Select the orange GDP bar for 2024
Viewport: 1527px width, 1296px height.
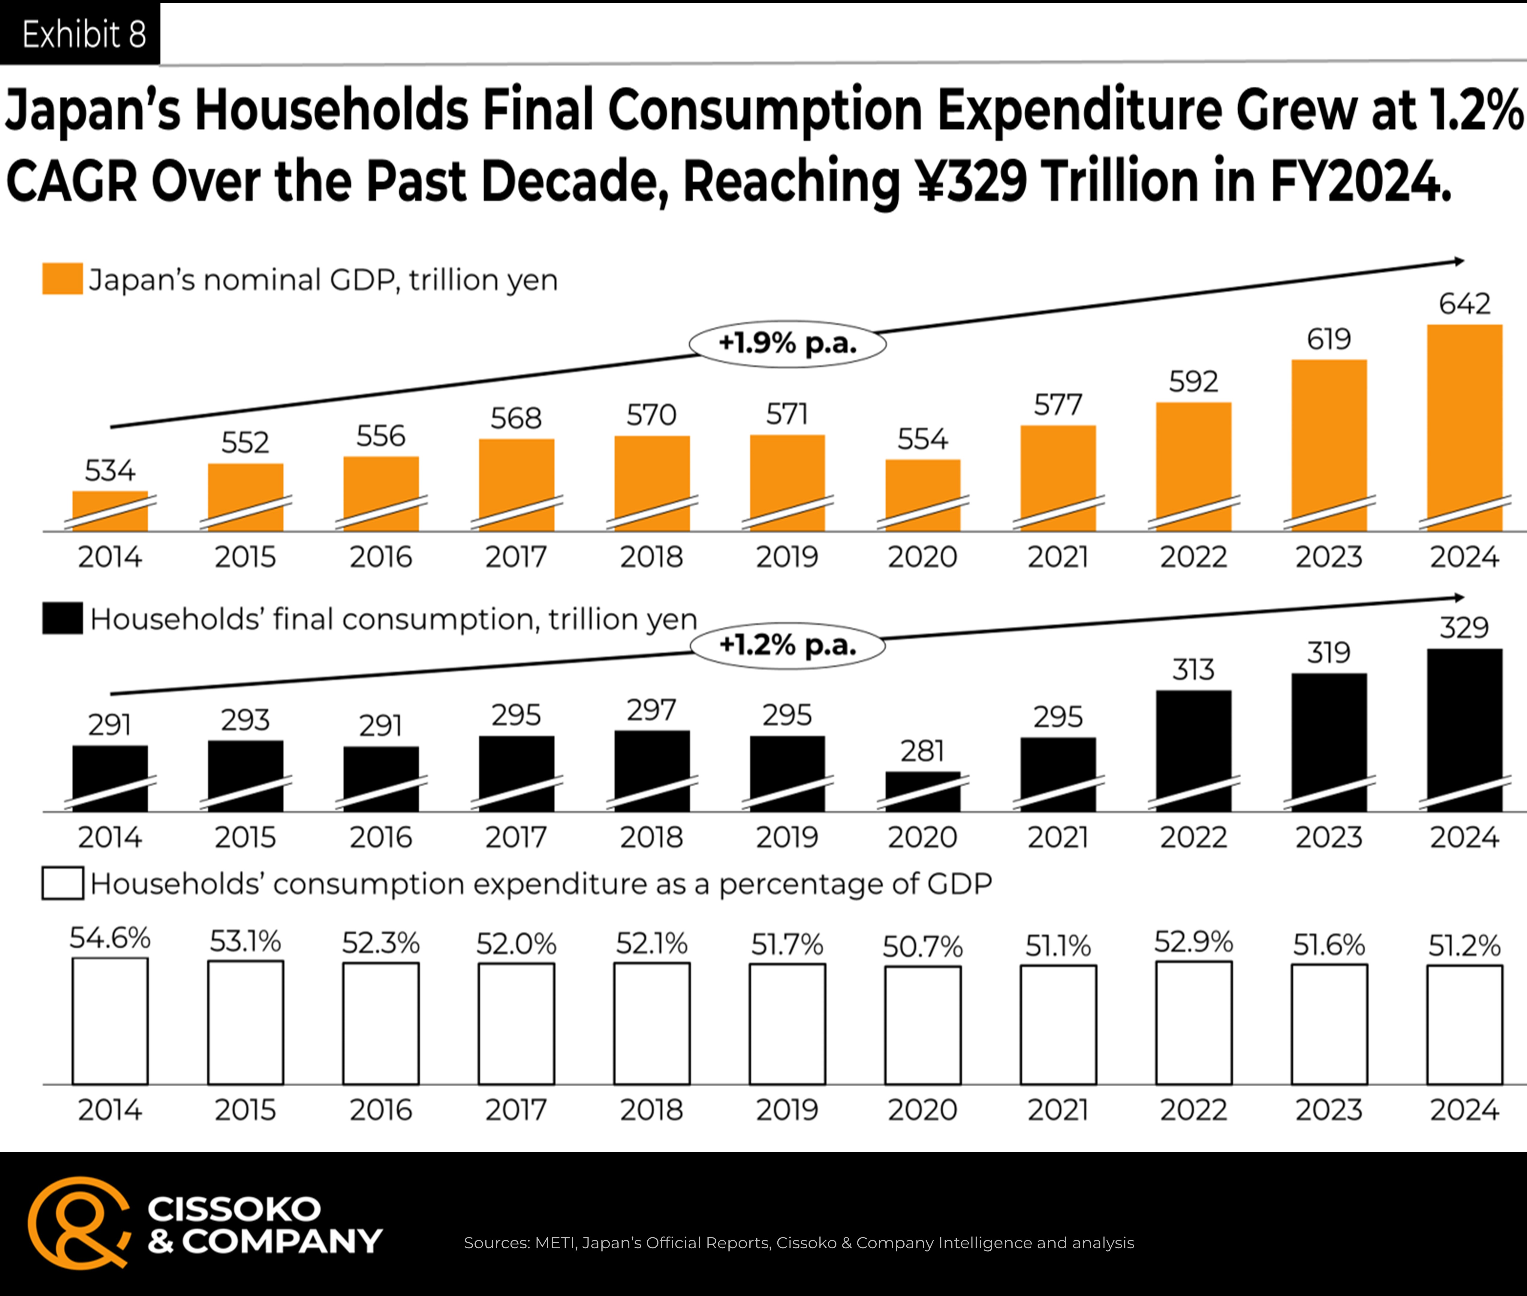click(x=1465, y=427)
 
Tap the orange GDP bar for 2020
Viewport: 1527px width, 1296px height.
click(x=923, y=495)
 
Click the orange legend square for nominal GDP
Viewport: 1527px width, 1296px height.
click(x=62, y=279)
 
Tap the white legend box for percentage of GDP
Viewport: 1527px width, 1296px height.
click(x=62, y=883)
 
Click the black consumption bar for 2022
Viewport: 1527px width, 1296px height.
click(x=1193, y=751)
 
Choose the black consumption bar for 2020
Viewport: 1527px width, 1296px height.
click(x=923, y=791)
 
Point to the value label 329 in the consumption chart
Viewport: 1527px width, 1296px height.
click(x=1464, y=627)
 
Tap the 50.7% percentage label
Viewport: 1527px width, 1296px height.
click(x=923, y=946)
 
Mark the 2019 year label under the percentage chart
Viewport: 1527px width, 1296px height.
click(x=787, y=1109)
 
